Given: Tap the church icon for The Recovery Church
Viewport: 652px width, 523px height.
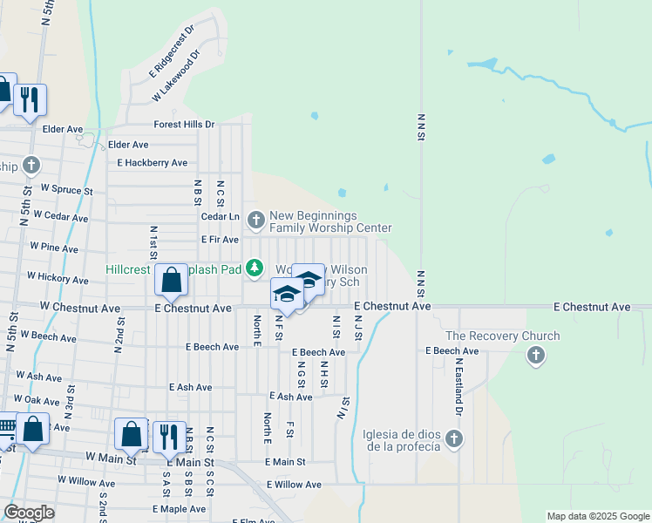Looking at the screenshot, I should (536, 355).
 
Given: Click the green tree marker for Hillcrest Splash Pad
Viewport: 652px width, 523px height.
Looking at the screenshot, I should (255, 268).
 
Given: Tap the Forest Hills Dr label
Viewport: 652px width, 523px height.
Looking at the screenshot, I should (184, 125).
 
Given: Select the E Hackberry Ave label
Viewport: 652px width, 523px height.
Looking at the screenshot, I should (153, 163).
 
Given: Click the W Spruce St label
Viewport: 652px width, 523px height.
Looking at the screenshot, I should (61, 190).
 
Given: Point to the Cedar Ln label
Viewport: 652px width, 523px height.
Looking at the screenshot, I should (220, 216).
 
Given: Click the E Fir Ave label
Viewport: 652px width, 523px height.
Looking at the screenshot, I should (219, 239).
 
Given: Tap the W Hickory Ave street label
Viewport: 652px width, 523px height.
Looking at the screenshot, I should (58, 279).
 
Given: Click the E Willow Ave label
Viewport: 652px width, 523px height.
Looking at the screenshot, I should (294, 485).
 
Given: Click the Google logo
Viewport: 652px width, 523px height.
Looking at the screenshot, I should (29, 513).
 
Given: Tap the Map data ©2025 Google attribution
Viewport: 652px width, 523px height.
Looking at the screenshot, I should (598, 516).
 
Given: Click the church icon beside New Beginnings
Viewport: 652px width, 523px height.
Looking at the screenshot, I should (256, 219).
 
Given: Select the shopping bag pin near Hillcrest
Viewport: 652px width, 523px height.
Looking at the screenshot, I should (173, 280).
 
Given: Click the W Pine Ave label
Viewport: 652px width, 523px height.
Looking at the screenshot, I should (53, 248).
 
